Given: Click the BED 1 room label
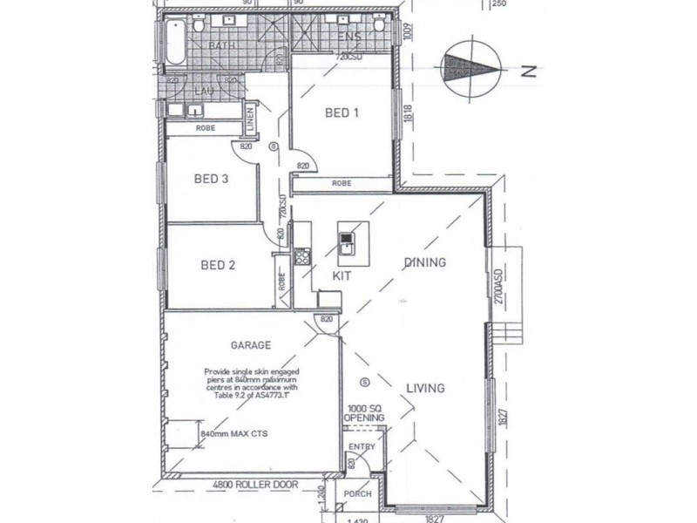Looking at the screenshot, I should (x=342, y=112).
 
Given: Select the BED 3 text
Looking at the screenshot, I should (x=211, y=180).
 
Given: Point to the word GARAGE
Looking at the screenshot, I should (x=250, y=344).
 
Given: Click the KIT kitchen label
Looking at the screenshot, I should (x=341, y=275).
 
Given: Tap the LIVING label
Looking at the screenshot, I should (x=424, y=388).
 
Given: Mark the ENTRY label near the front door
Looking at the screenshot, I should (x=362, y=447).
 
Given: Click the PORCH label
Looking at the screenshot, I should (x=358, y=494).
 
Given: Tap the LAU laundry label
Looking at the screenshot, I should (x=206, y=90).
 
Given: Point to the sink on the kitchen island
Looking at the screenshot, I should (x=347, y=236).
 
